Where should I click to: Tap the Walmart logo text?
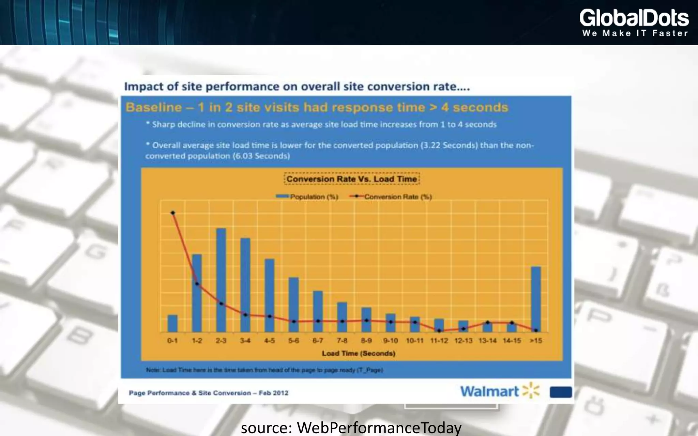coord(489,391)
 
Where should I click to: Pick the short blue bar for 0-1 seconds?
coord(172,324)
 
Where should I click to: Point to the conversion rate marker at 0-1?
coord(173,213)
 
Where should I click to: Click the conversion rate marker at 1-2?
coord(197,284)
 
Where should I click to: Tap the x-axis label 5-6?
coord(293,341)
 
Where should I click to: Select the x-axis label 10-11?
coord(414,341)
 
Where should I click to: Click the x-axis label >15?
coord(536,341)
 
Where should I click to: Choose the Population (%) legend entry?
coord(307,197)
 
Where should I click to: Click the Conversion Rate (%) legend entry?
coord(391,197)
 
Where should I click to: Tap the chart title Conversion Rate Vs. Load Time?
coord(352,179)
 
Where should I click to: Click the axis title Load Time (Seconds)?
coord(359,353)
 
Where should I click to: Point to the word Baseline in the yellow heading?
coord(154,108)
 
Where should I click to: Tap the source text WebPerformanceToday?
coord(379,428)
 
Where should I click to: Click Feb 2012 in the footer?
coord(273,393)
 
